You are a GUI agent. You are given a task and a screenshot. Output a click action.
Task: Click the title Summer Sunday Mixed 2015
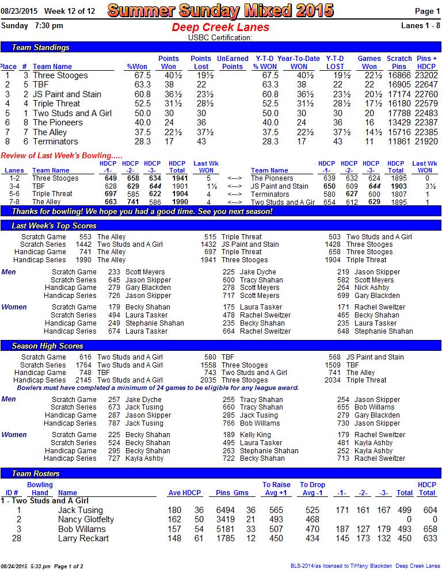click(220, 10)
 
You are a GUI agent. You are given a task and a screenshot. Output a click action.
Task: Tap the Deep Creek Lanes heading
click(220, 27)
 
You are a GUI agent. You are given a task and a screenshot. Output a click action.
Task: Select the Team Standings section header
click(40, 47)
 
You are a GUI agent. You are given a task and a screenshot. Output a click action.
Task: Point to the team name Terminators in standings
click(55, 141)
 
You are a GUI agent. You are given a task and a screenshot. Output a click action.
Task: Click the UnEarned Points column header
click(233, 62)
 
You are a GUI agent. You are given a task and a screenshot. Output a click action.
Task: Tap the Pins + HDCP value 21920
click(426, 141)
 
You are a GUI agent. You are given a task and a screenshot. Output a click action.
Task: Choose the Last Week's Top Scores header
click(54, 225)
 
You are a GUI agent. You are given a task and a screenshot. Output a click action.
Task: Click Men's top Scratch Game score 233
click(114, 272)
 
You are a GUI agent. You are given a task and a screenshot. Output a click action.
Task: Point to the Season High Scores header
click(47, 346)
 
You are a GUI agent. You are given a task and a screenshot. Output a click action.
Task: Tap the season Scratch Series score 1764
click(83, 365)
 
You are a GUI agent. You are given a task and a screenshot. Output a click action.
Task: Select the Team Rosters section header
click(35, 473)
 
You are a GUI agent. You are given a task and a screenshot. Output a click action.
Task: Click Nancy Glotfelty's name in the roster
click(86, 519)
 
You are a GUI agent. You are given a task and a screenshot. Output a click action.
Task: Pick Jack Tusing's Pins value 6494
click(225, 510)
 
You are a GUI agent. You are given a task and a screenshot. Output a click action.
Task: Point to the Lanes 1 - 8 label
click(420, 25)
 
